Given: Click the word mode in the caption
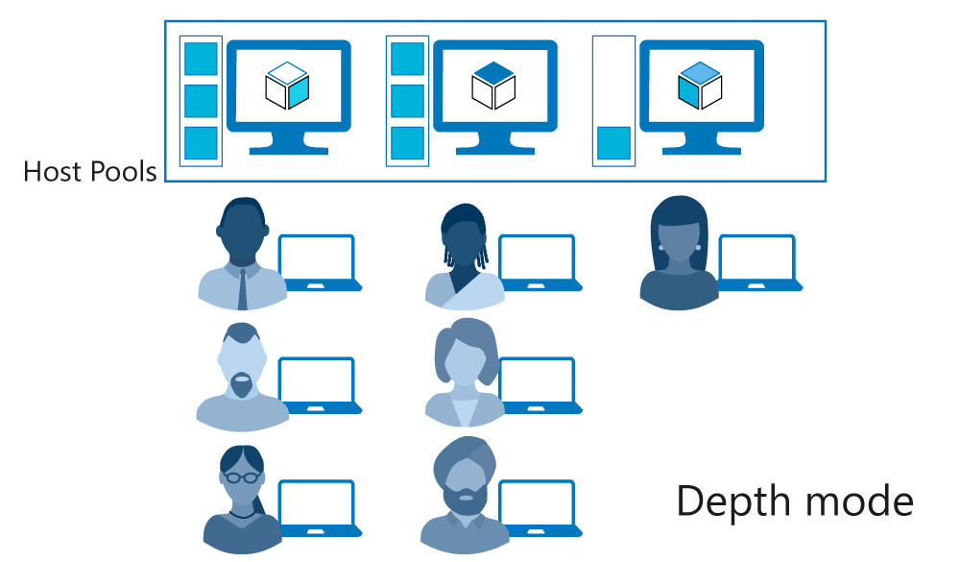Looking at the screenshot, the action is [859, 501].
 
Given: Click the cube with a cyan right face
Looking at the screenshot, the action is [287, 86].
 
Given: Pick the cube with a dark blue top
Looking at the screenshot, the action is [493, 86].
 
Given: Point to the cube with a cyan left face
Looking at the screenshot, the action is [700, 86].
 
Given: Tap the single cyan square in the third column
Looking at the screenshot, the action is [613, 143].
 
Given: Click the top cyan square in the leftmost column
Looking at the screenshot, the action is [201, 59].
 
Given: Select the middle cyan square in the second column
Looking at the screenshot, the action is [407, 101].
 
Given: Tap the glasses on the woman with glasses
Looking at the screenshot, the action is [242, 476].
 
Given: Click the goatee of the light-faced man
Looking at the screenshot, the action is [243, 384].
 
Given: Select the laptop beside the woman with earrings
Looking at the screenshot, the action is [759, 262].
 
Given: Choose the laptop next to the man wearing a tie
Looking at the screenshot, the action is [319, 262].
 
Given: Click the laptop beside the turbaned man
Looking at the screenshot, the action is [540, 508].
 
